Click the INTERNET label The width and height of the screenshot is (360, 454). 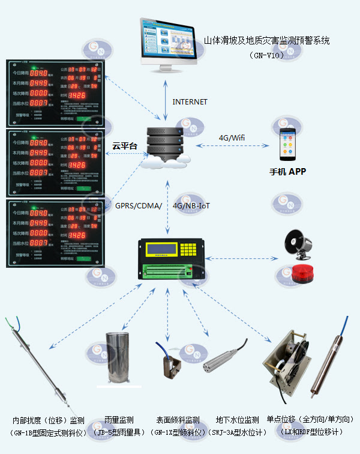(x=190, y=102)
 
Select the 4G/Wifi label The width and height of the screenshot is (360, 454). (x=232, y=138)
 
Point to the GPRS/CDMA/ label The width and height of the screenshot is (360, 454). (x=139, y=206)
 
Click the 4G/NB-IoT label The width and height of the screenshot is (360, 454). (x=191, y=206)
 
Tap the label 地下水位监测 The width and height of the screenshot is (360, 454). (x=237, y=420)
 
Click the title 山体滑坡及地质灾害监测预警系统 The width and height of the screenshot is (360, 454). (x=266, y=41)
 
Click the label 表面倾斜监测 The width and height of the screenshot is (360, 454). (x=178, y=420)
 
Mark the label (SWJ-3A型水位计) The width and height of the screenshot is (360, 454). (x=238, y=432)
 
